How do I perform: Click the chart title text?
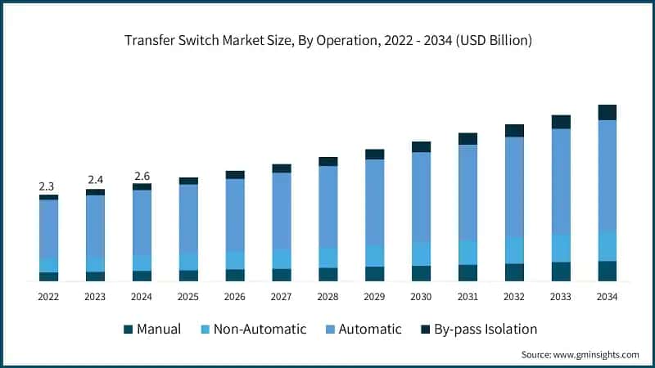coord(327,41)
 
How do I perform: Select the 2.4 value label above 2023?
coord(95,180)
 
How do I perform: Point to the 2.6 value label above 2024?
coord(142,175)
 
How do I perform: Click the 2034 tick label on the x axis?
coord(607,296)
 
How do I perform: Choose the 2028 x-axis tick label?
coord(327,296)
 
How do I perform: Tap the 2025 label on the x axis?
coord(188,296)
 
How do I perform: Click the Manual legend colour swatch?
coord(128,330)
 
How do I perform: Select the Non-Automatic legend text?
coord(260,330)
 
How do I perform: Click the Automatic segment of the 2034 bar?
coord(607,175)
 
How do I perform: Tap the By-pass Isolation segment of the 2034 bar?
coord(607,112)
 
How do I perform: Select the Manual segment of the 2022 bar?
coord(48,276)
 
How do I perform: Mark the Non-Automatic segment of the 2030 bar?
coord(421,254)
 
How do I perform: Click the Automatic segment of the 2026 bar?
coord(235,214)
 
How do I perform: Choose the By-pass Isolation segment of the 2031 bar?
coord(468,138)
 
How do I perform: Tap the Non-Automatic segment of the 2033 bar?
coord(561,248)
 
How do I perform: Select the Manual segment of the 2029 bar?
coord(374,274)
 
